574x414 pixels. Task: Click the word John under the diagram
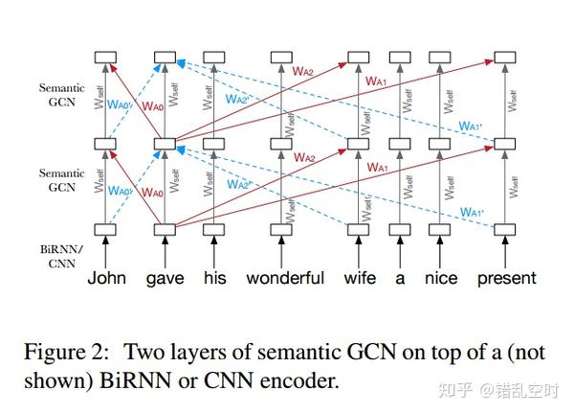106,279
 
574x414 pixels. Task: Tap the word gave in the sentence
165,279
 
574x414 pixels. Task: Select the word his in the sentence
215,279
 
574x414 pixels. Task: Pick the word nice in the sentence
441,279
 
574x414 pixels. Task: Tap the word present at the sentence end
507,279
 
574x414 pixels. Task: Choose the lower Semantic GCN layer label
61,179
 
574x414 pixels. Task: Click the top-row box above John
106,59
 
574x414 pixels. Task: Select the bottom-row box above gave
165,228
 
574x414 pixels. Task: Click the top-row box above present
507,59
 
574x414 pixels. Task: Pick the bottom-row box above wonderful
281,228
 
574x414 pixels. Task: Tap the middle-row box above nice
441,144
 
